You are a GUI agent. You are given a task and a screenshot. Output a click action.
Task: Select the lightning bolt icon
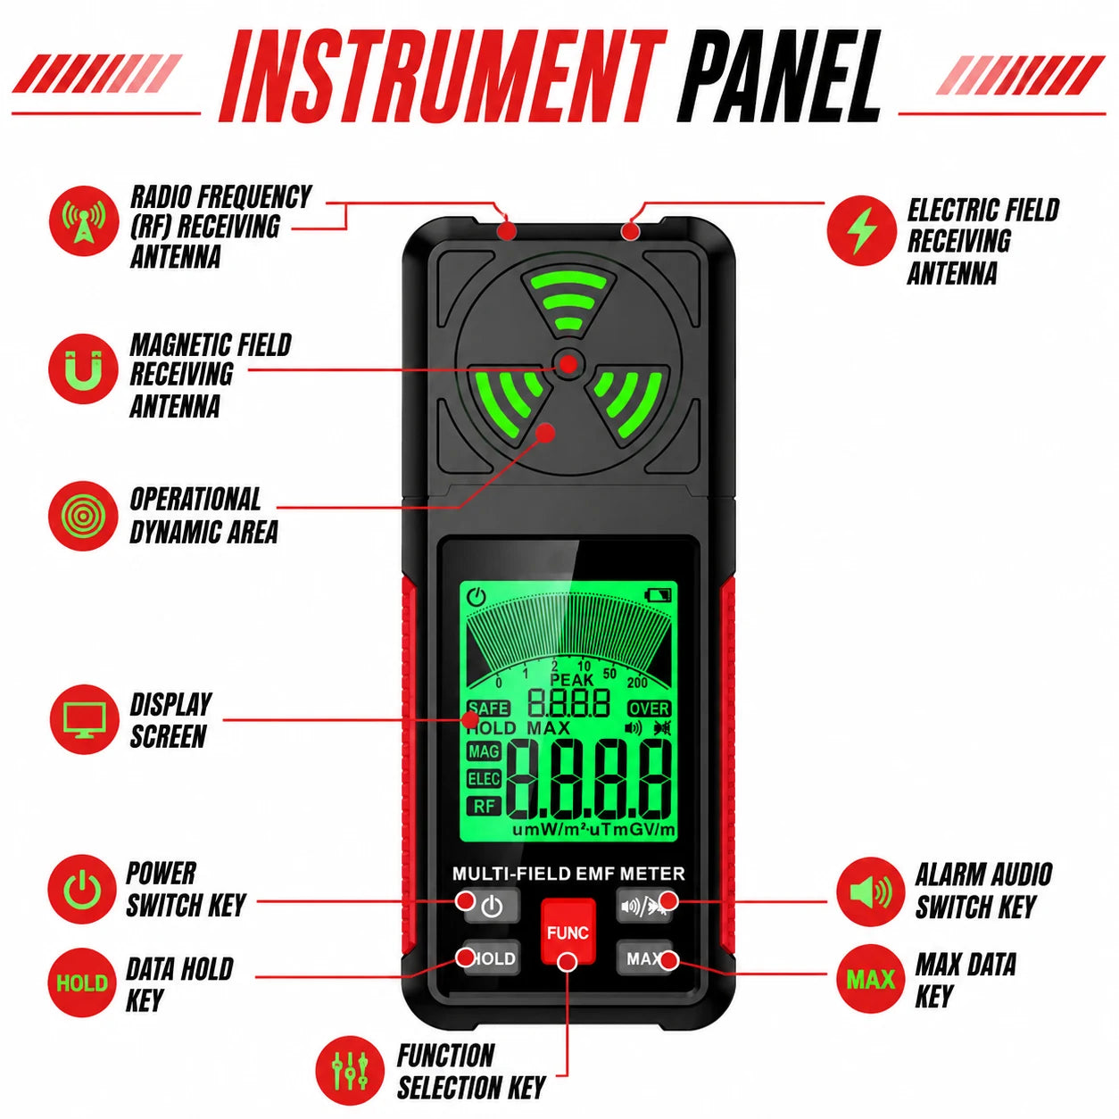(x=861, y=230)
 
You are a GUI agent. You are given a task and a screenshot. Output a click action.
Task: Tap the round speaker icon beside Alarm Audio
(x=870, y=891)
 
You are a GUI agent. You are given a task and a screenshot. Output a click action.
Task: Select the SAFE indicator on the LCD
(x=488, y=709)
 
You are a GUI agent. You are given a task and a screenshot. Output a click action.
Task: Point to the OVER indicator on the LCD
(x=650, y=709)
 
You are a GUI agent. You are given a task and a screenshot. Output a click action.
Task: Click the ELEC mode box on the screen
(x=484, y=779)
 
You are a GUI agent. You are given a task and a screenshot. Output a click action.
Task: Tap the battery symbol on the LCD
(x=659, y=595)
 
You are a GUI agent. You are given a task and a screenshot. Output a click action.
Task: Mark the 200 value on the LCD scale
(x=637, y=683)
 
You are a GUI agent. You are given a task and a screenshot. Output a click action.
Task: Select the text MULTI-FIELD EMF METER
(x=568, y=874)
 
